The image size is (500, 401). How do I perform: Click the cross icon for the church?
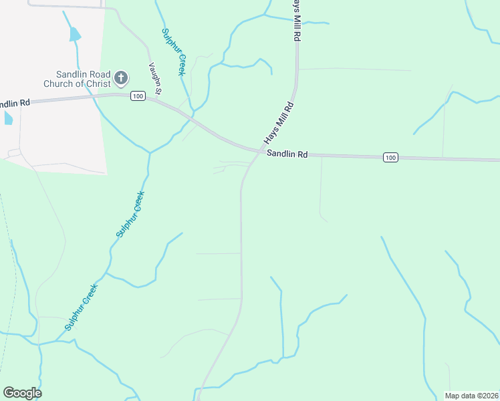121,79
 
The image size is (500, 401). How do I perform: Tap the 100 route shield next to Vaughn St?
138,96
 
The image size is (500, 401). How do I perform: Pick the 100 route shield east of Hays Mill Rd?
391,157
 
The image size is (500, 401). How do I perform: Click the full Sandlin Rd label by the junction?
287,154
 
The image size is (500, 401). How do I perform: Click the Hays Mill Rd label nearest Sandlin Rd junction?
279,123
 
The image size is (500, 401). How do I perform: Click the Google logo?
22,393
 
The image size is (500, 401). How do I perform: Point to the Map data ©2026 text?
471,396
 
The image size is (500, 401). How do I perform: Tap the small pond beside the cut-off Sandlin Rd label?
8,118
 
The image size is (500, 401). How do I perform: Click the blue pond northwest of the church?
75,33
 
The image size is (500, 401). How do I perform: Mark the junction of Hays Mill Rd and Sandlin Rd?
259,152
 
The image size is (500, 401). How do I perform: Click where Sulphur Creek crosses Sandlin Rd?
194,120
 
